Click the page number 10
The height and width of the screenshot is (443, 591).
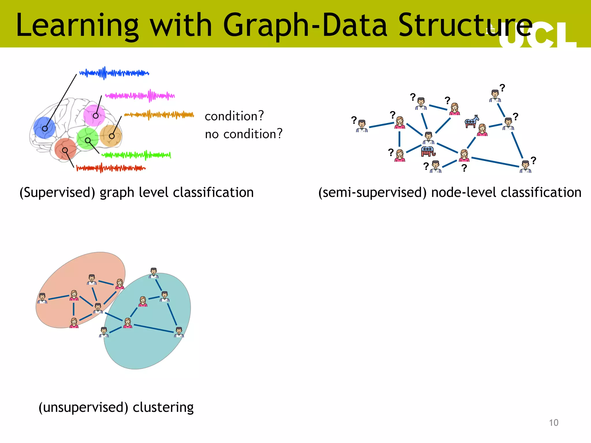553,423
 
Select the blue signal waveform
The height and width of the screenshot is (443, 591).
114,73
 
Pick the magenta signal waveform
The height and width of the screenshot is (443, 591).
140,95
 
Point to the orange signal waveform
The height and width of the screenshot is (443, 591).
159,115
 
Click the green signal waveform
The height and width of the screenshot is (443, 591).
136,155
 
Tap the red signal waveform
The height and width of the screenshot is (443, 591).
111,168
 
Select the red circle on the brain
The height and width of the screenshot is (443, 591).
65,149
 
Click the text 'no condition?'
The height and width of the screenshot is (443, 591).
244,134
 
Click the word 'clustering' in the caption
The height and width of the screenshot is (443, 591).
163,407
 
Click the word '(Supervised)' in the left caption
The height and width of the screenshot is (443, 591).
57,192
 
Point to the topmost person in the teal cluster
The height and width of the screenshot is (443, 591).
154,273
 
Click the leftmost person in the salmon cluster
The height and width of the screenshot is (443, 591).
42,298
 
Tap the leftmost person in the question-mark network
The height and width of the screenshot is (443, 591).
362,126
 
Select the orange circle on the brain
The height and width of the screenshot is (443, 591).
111,135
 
